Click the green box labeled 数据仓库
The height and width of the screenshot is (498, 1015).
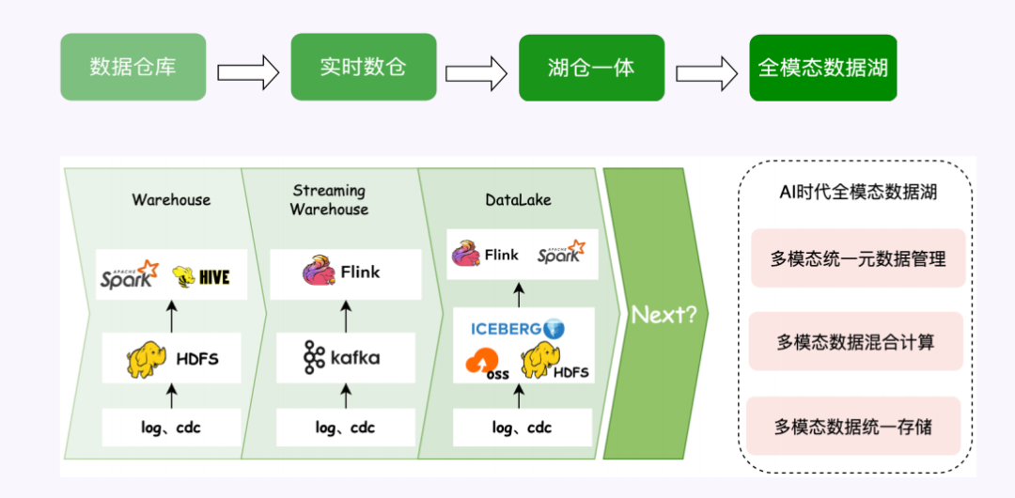[x=133, y=67]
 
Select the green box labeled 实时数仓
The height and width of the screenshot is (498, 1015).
[x=363, y=67]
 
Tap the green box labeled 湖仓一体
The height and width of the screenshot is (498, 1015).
[x=591, y=68]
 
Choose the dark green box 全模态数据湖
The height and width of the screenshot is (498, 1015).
[x=822, y=68]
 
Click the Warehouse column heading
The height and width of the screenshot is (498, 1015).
[x=171, y=199]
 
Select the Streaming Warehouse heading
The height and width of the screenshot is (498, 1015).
[x=328, y=200]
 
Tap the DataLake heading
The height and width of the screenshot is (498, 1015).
[x=518, y=199]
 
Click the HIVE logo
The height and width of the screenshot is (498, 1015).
[x=201, y=276]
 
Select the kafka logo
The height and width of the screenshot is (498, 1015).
[x=342, y=358]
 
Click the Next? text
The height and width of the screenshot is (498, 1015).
[x=664, y=315]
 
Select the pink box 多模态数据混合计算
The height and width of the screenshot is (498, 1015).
[x=855, y=342]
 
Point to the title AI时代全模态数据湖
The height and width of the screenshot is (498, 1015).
[x=856, y=193]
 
